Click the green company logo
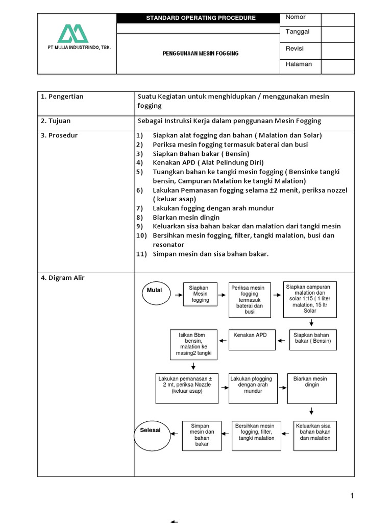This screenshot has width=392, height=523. (x=72, y=34)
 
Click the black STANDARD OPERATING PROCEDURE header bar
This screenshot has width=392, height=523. (x=201, y=18)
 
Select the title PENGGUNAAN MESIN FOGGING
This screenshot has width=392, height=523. (x=201, y=54)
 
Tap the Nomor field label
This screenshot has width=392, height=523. (x=296, y=17)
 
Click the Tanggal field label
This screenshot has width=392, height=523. (x=297, y=32)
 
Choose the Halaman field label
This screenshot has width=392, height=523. (x=299, y=64)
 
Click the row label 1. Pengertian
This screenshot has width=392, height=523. (x=62, y=97)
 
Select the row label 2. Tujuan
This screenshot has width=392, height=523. (x=56, y=121)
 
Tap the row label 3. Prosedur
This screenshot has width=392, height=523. (x=59, y=135)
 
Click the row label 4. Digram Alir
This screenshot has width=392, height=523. (x=63, y=278)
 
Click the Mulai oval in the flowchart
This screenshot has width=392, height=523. (x=154, y=291)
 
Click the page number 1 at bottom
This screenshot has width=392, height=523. (x=352, y=495)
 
